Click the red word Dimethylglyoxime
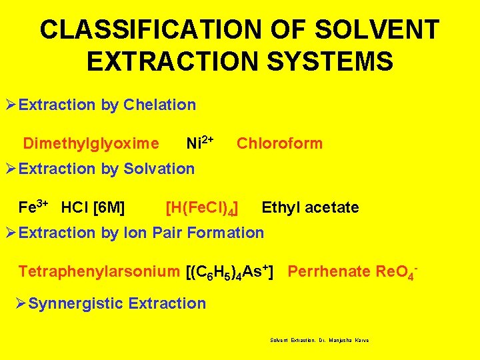91,143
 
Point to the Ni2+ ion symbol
199,143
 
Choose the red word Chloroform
279,143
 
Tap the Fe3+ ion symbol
33,207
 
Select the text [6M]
110,207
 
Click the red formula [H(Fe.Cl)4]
203,208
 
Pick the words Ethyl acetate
310,207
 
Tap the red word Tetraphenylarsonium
99,272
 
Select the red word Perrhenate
320,271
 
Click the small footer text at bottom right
319,340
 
